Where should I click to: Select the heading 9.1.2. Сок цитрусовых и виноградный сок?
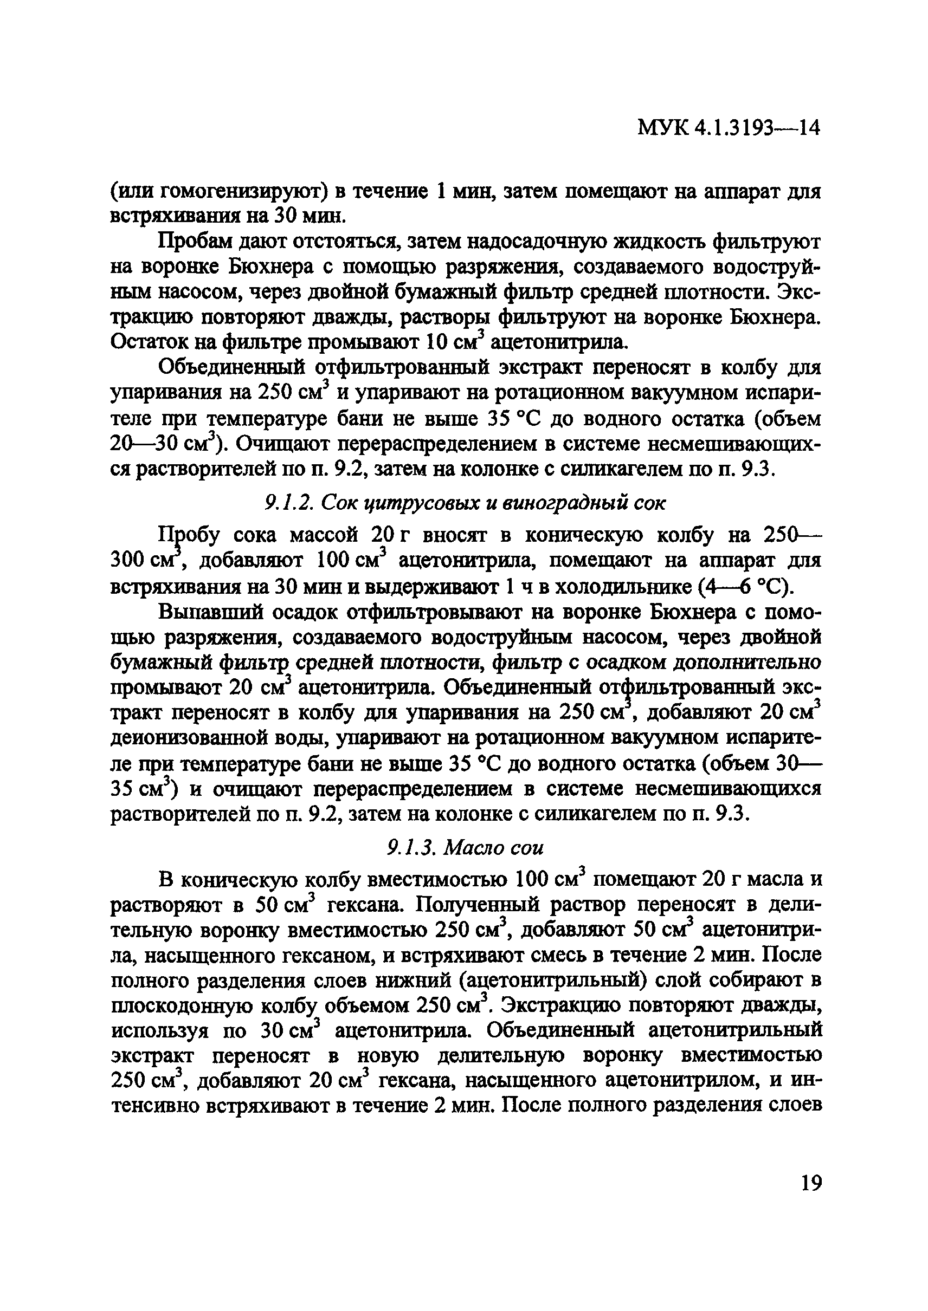465,503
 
